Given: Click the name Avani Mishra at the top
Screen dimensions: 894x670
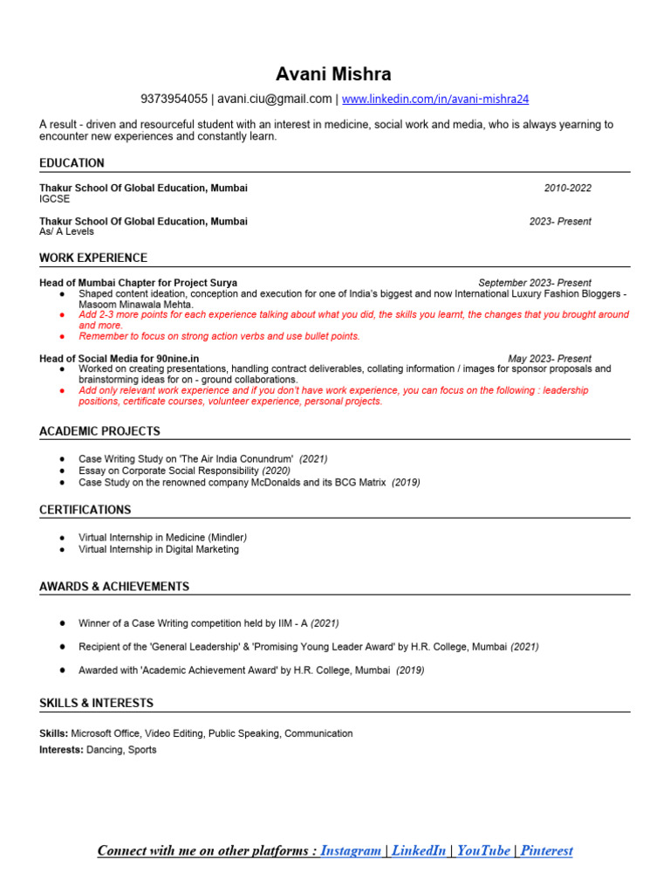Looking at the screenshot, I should pyautogui.click(x=334, y=73).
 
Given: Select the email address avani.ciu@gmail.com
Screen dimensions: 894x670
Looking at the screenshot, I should pyautogui.click(x=275, y=99).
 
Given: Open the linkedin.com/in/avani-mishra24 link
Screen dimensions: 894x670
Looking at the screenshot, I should pyautogui.click(x=435, y=99).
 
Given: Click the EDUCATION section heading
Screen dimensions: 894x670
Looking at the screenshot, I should pyautogui.click(x=72, y=163).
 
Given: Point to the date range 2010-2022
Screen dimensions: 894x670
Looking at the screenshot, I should pyautogui.click(x=567, y=189).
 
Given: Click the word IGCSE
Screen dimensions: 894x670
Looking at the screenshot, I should pyautogui.click(x=54, y=199).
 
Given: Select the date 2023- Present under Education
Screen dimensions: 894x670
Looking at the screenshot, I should pyautogui.click(x=560, y=222).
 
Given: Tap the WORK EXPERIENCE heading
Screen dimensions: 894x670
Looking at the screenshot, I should pyautogui.click(x=93, y=258).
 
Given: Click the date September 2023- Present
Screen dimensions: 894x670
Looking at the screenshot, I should pyautogui.click(x=535, y=283).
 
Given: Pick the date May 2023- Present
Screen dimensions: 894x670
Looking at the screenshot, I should pyautogui.click(x=550, y=359).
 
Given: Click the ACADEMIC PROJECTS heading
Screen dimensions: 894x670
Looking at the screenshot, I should pyautogui.click(x=99, y=431).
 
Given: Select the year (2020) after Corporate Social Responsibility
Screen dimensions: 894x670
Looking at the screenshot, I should pyautogui.click(x=277, y=471).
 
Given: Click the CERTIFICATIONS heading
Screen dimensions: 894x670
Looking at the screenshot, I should pyautogui.click(x=85, y=510).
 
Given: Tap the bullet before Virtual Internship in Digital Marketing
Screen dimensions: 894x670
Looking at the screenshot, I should pyautogui.click(x=62, y=550).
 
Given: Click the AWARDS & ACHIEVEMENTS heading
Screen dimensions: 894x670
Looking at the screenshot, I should pyautogui.click(x=114, y=587).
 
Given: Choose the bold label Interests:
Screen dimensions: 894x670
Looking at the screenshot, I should pyautogui.click(x=61, y=750).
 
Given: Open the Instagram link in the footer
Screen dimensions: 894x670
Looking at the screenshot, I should pyautogui.click(x=351, y=850).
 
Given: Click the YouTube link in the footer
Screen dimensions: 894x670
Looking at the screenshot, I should pyautogui.click(x=483, y=850).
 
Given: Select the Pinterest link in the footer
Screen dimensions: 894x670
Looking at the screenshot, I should pyautogui.click(x=546, y=850).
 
